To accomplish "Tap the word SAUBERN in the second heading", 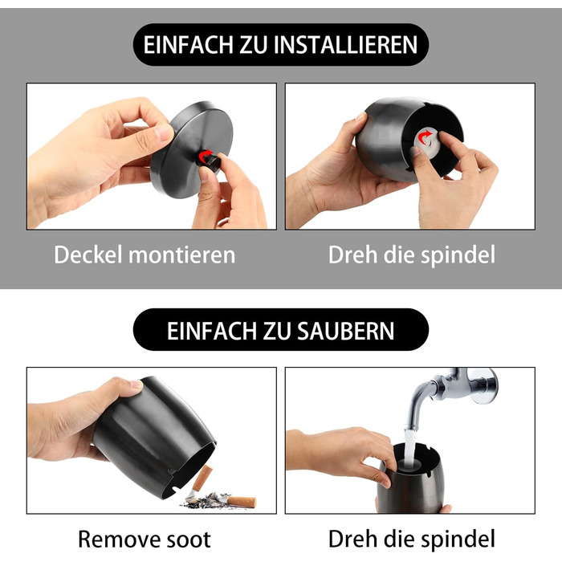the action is pos(345,331).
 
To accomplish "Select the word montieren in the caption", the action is pos(182,255).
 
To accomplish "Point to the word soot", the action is pos(185,540).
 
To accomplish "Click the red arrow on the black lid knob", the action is pos(205,157).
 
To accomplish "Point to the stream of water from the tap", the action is pos(409,447).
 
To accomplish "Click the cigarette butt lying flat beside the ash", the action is pos(241,501).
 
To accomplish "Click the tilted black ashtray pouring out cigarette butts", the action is pos(153,438).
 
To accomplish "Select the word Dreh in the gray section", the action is pos(352,255).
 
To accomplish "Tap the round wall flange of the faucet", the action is pos(485,385).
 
